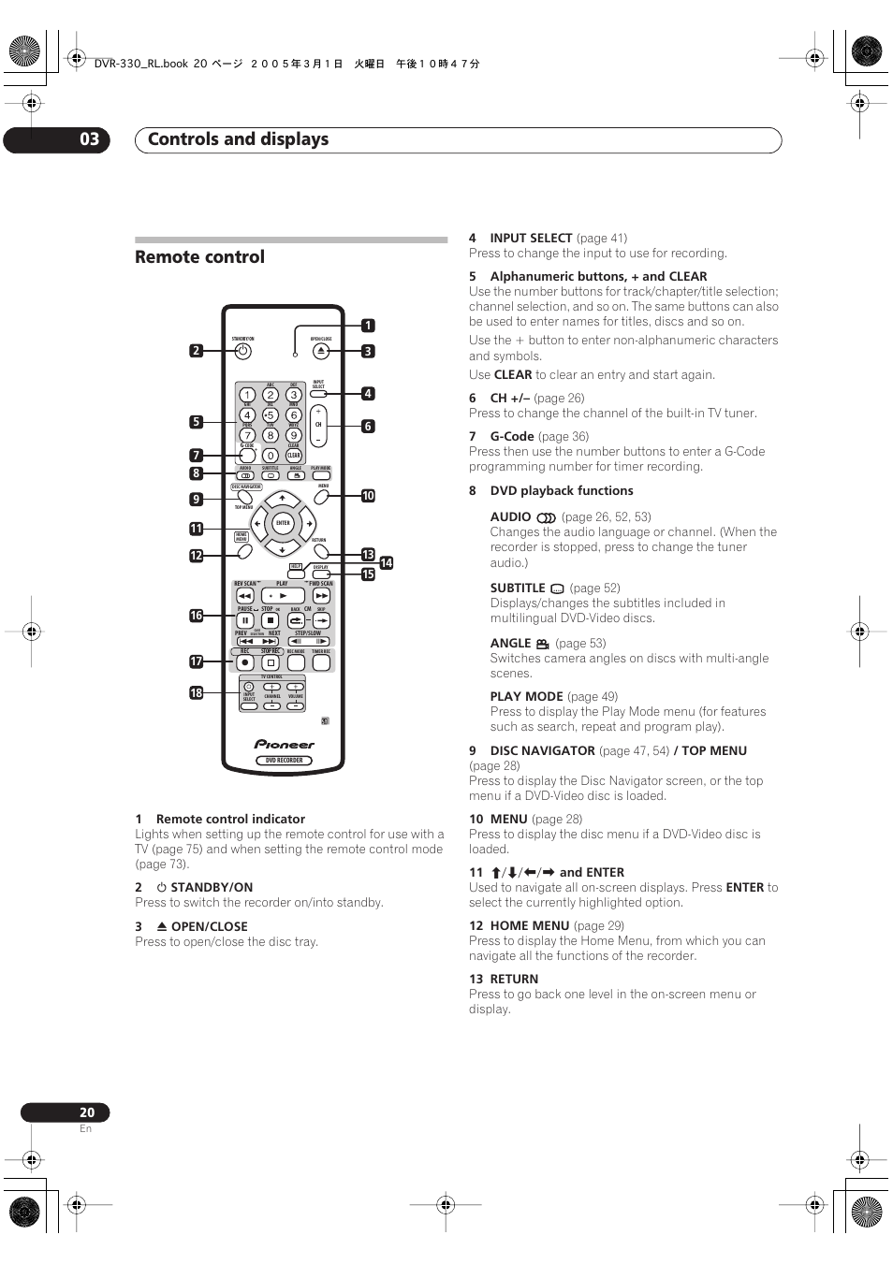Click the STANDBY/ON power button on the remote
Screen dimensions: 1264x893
click(x=243, y=352)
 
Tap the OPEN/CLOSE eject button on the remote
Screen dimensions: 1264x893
click(x=321, y=351)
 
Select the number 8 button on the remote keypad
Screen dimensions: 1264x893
click(x=270, y=435)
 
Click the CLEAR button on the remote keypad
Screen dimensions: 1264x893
click(x=294, y=456)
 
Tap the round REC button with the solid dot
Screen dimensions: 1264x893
click(x=245, y=662)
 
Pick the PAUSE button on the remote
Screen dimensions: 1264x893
click(x=245, y=620)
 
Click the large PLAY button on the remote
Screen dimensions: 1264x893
click(x=283, y=595)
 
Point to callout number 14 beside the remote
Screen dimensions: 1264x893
click(x=387, y=563)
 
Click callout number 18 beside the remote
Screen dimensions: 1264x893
click(x=197, y=693)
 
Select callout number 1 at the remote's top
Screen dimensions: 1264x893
click(x=368, y=326)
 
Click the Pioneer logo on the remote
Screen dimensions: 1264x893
click(x=285, y=745)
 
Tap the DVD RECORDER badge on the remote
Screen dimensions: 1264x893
click(x=284, y=761)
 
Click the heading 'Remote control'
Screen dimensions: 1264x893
click(x=199, y=257)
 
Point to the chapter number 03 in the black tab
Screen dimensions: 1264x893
click(x=89, y=139)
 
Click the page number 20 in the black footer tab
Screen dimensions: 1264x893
click(x=86, y=1112)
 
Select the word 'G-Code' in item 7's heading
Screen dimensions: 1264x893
click(x=512, y=437)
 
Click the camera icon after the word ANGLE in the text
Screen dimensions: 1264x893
click(x=543, y=644)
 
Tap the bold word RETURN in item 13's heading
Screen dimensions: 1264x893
click(x=514, y=980)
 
